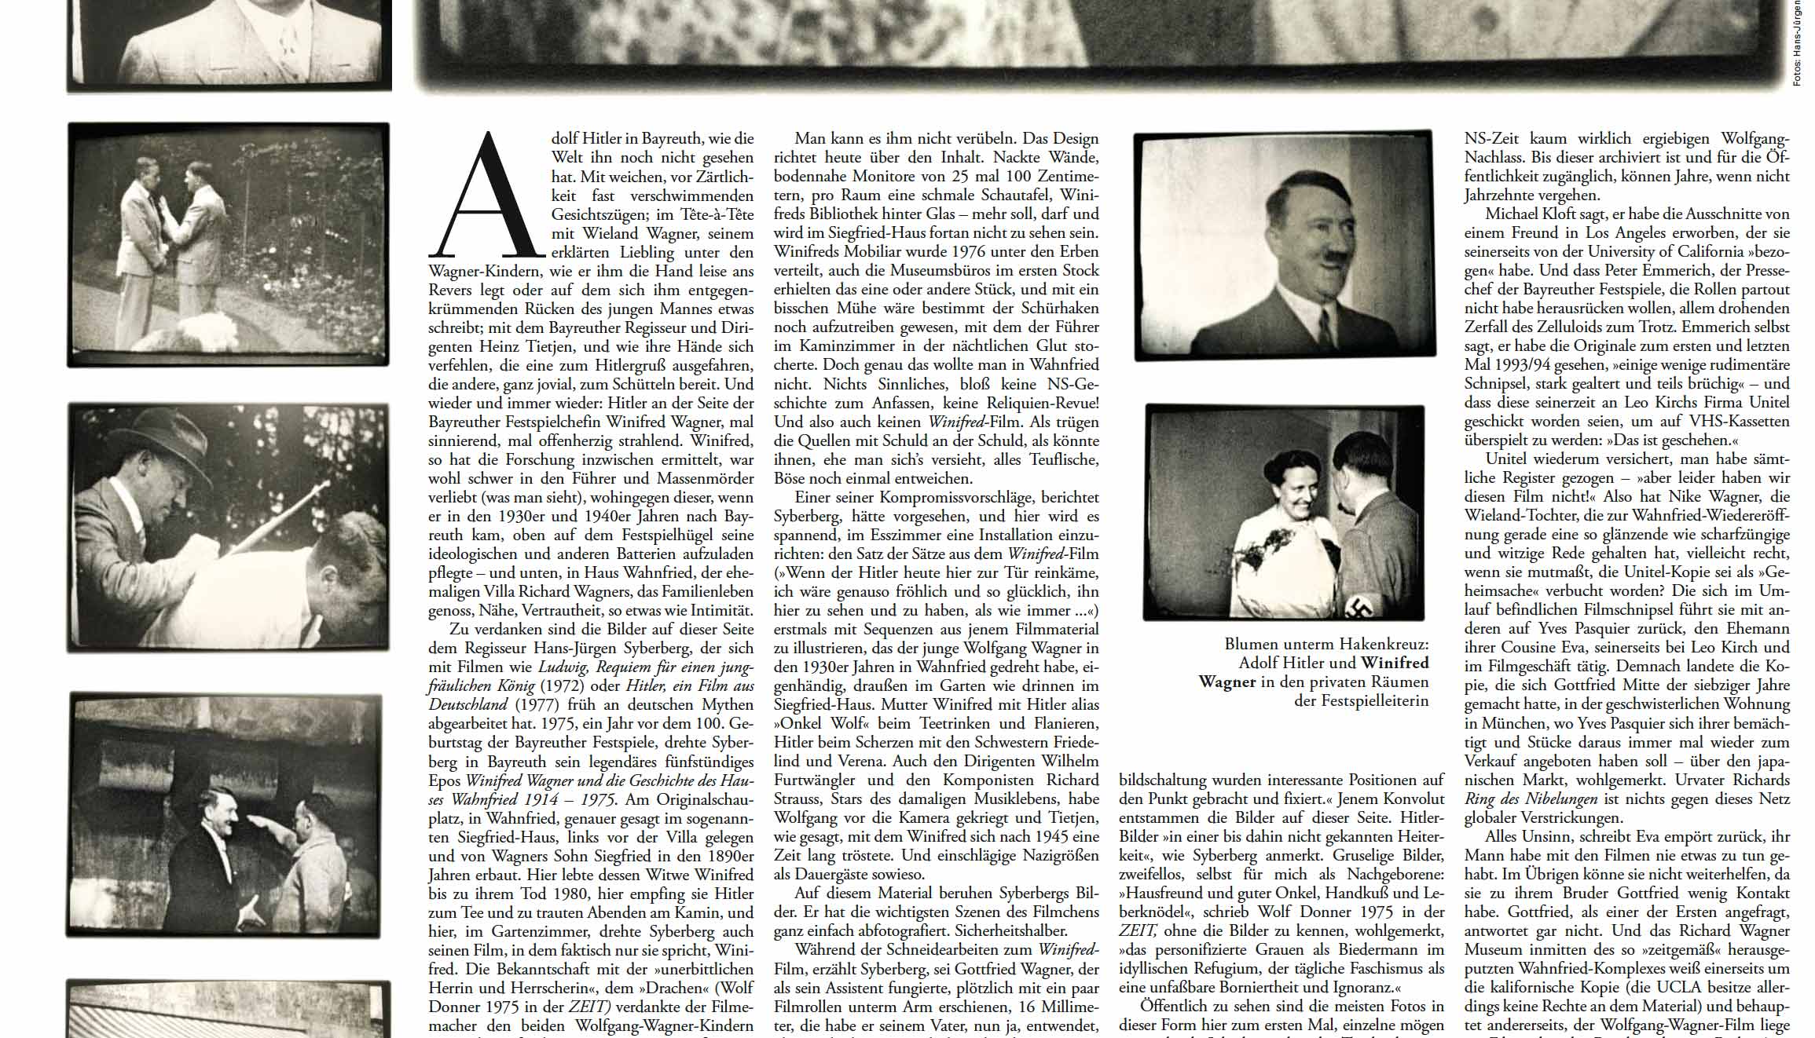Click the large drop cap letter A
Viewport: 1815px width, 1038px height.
(487, 196)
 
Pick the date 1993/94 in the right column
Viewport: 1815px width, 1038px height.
(1501, 365)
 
